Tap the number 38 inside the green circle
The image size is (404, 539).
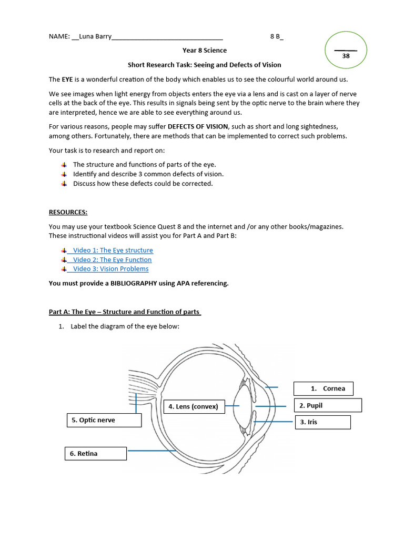coord(346,56)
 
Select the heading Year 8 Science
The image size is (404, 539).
coord(205,51)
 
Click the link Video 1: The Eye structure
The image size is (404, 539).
coord(113,251)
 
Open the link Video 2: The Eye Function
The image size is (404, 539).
coord(112,259)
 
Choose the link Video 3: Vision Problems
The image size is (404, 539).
coord(110,269)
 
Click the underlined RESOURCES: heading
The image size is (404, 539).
coord(68,212)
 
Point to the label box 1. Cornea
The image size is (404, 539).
coord(323,388)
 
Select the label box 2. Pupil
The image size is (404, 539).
coord(327,405)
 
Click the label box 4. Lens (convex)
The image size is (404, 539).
coord(194,406)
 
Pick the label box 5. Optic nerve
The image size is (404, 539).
coord(104,420)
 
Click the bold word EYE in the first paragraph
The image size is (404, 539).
coord(67,79)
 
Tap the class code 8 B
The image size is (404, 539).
coord(276,37)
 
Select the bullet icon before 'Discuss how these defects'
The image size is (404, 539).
coord(64,184)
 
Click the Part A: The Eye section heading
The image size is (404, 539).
coord(125,312)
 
